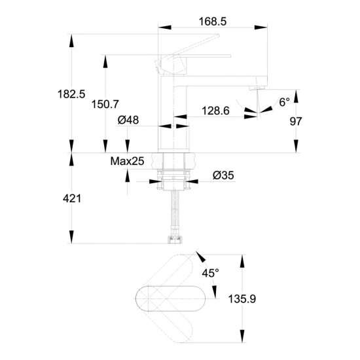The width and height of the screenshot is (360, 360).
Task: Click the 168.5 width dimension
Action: tap(212, 22)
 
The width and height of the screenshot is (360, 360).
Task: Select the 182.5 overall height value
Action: tap(71, 94)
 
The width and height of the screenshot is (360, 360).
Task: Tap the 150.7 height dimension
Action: tap(105, 104)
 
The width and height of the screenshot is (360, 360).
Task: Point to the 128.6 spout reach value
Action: tap(215, 111)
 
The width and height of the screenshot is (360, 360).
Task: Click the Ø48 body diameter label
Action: tap(128, 120)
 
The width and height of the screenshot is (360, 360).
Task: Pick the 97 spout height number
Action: tap(295, 121)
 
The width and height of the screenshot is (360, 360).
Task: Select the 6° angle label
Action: tap(284, 102)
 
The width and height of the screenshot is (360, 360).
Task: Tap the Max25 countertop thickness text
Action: tap(127, 161)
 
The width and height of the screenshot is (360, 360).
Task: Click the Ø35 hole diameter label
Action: tap(223, 175)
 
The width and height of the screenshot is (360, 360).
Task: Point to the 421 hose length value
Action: tap(72, 198)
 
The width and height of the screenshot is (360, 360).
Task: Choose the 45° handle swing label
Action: tap(210, 273)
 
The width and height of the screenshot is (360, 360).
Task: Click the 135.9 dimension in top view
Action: tap(242, 299)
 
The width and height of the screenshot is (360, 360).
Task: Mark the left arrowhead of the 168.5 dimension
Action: tap(164, 27)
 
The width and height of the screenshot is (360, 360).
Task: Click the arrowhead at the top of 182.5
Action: tap(72, 41)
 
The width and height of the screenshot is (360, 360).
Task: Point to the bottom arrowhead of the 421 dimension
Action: tap(72, 237)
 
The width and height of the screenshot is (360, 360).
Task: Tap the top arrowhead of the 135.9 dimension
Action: tap(242, 261)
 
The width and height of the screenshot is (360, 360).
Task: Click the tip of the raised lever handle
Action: tap(219, 35)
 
